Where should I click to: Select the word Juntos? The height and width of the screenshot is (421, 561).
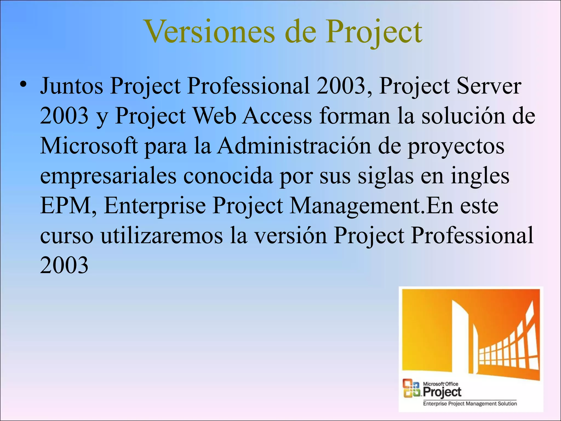72,86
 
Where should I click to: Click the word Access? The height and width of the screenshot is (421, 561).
278,116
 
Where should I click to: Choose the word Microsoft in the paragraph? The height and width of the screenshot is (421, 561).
89,146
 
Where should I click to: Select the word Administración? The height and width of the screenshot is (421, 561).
294,146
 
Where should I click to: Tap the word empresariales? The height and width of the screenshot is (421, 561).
108,176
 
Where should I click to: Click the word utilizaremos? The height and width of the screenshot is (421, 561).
162,236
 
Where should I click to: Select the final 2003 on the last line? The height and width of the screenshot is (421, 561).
64,265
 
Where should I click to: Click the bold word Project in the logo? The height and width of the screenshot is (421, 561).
442,392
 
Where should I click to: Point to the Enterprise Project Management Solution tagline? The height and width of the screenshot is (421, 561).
470,403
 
